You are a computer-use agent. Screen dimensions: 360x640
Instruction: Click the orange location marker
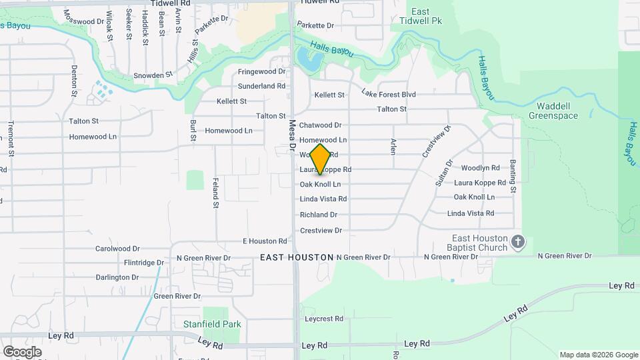click(321, 159)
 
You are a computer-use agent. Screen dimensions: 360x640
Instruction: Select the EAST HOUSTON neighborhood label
click(297, 257)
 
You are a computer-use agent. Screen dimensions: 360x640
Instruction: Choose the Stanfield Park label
click(211, 325)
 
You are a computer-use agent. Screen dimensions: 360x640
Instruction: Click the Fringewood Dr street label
click(261, 71)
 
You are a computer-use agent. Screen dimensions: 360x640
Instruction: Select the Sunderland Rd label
click(261, 86)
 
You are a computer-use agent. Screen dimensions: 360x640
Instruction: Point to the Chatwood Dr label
click(320, 125)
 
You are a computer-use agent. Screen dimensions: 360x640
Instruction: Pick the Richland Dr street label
click(319, 215)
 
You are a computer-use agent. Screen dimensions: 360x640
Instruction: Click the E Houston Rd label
click(265, 241)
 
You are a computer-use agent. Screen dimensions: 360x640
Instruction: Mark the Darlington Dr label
click(117, 277)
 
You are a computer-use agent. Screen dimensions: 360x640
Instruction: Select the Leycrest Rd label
click(323, 319)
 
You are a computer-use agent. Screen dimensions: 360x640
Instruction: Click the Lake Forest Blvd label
click(389, 95)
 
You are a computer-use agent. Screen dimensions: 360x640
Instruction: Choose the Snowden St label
click(153, 75)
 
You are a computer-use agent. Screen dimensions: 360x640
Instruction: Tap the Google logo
click(22, 351)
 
